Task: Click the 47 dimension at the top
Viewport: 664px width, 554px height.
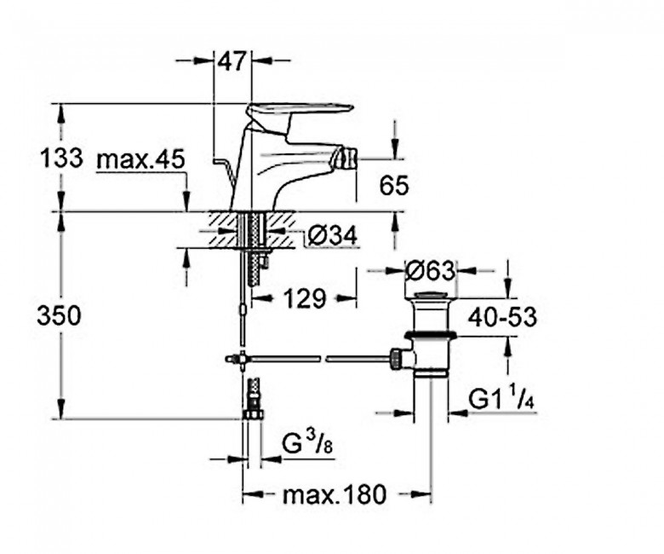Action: point(232,61)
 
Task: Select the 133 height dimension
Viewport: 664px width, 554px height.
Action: point(61,159)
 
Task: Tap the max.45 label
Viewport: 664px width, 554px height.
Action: point(141,159)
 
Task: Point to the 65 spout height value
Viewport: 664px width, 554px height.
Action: point(394,185)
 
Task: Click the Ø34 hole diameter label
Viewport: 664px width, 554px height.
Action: point(332,235)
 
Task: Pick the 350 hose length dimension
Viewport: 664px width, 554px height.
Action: point(59,316)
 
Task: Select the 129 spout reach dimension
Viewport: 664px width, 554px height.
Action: point(305,298)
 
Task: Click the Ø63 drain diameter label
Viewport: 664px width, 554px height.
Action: point(430,270)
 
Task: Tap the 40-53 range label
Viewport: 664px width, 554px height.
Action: point(502,316)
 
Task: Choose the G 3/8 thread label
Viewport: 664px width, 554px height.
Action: point(307,445)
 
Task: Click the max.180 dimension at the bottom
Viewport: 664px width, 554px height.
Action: point(335,493)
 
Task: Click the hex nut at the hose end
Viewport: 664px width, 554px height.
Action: point(253,413)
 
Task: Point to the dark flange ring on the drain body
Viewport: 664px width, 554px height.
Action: point(430,336)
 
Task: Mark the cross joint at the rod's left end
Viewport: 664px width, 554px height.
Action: point(243,359)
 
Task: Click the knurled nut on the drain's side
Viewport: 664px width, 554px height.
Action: point(396,359)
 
